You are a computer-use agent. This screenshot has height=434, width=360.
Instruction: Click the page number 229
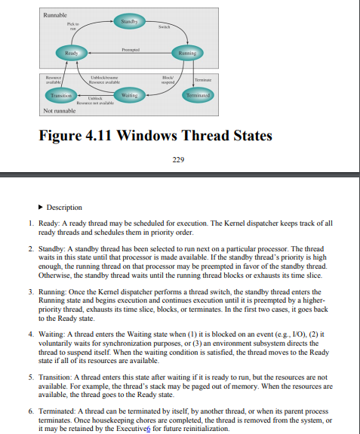(179, 159)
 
